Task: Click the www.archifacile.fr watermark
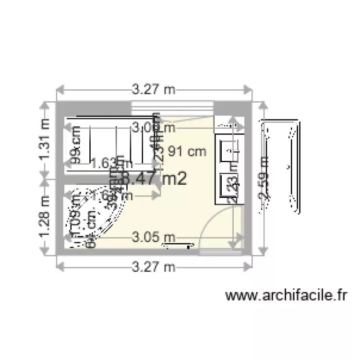(286, 295)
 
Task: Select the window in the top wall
(171, 108)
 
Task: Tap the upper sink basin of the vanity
(231, 150)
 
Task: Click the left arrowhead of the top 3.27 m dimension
(60, 89)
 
